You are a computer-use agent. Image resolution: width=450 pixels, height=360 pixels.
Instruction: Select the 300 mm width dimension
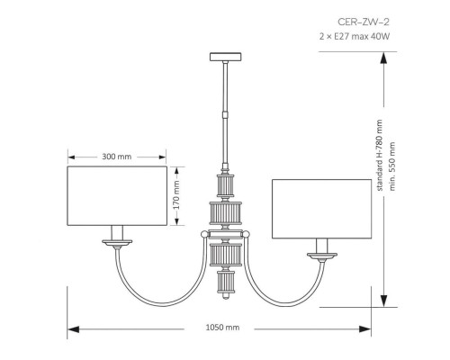[x=117, y=157]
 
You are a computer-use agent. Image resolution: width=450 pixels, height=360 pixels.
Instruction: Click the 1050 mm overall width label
[x=221, y=329]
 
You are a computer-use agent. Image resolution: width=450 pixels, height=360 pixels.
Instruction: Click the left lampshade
[x=117, y=193]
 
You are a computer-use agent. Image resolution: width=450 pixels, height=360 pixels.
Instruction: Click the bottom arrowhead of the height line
[x=384, y=304]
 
